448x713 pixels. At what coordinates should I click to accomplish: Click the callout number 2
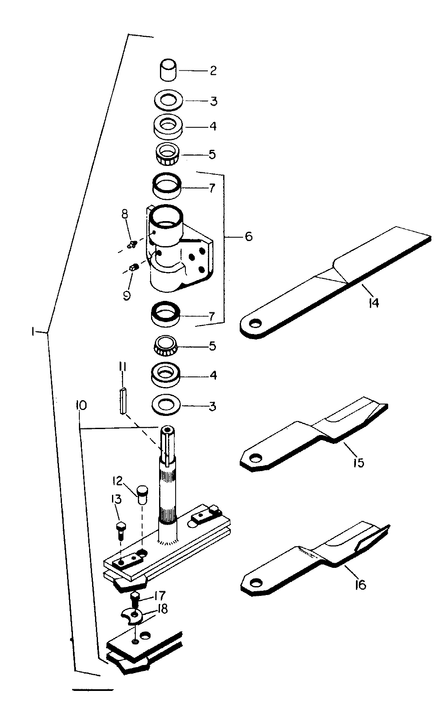(213, 70)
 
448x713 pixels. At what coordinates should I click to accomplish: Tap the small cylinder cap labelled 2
(168, 69)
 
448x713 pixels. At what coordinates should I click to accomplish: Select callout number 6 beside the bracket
(249, 236)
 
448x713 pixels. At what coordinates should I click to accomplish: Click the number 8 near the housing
(125, 214)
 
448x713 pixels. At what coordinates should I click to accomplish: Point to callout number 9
(126, 296)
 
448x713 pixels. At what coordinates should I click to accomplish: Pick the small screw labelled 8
(132, 245)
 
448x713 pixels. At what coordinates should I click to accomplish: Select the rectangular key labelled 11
(123, 401)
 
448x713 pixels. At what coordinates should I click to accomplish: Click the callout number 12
(118, 480)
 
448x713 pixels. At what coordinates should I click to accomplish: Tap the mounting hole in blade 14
(254, 324)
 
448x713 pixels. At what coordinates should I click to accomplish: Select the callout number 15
(358, 463)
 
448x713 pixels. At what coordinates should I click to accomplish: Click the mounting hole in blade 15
(254, 458)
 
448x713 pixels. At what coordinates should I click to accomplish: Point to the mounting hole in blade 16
(254, 583)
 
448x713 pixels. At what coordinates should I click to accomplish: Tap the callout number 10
(81, 406)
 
